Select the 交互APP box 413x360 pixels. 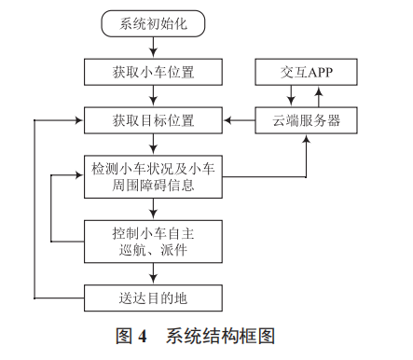(x=305, y=72)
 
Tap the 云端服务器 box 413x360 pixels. (x=305, y=119)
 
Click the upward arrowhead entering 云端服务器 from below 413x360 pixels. (x=306, y=138)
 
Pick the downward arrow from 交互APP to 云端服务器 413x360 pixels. (x=293, y=95)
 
